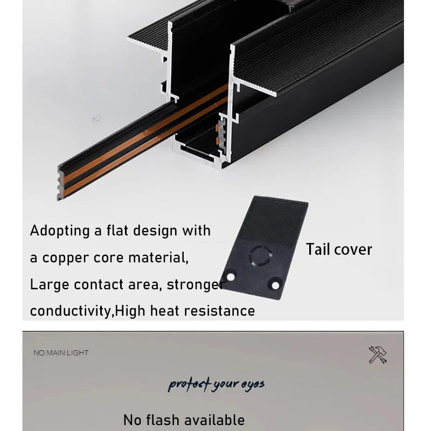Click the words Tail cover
pos(339,249)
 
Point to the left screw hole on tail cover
pos(231,276)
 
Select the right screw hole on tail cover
pos(275,282)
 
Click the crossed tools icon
pos(377,354)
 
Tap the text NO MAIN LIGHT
pos(61,353)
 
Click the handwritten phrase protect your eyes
pos(215,384)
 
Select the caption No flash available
pos(184,420)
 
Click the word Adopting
pos(60,231)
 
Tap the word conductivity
pos(71,311)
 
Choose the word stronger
pos(194,284)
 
